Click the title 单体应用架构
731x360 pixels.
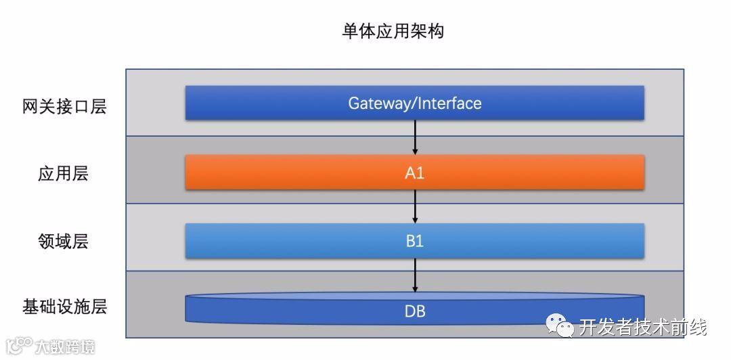click(393, 31)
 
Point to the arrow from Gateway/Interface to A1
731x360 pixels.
click(415, 137)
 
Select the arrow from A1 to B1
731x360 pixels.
click(415, 206)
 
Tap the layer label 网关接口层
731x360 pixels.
click(64, 106)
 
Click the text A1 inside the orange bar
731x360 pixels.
click(414, 173)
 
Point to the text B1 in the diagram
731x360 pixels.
click(414, 242)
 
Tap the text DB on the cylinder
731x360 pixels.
click(414, 312)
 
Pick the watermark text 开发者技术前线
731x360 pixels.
click(643, 328)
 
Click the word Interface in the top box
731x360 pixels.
click(450, 104)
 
